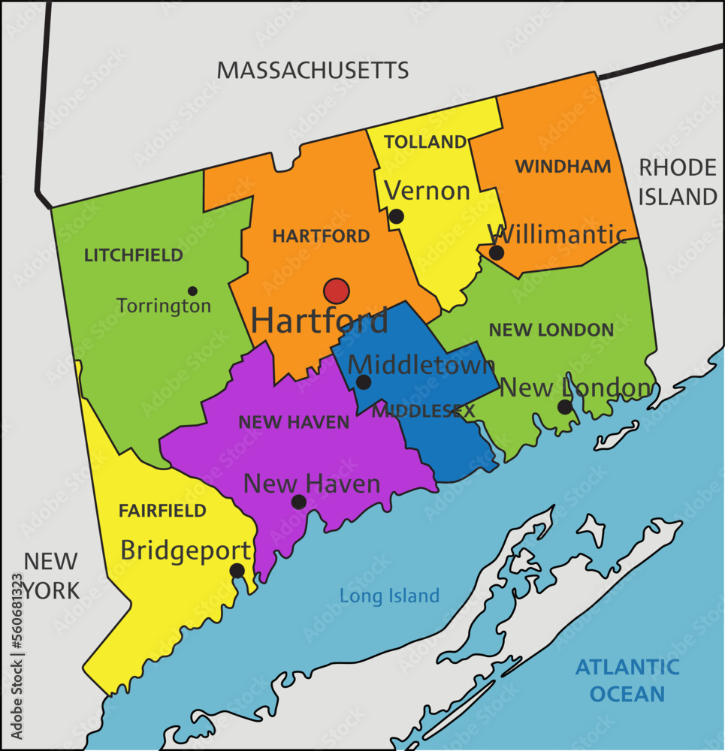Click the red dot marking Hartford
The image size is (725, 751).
click(x=337, y=291)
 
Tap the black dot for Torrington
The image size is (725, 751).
click(x=192, y=291)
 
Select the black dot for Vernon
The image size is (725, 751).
click(x=397, y=217)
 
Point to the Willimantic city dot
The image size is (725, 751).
click(x=497, y=252)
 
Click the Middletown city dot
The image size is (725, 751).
click(x=364, y=382)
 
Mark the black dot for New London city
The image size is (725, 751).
click(x=564, y=407)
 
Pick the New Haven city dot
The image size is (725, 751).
click(x=299, y=502)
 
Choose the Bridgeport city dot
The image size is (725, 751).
click(x=237, y=571)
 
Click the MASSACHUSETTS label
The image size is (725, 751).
click(x=313, y=71)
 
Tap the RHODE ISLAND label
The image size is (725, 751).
click(x=678, y=182)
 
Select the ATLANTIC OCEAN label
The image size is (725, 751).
click(x=627, y=680)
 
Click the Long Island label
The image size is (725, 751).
click(x=389, y=596)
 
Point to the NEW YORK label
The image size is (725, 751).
click(x=50, y=575)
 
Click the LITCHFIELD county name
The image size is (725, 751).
click(x=134, y=255)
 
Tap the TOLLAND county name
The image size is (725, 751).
click(x=425, y=142)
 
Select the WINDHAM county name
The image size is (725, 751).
click(x=563, y=167)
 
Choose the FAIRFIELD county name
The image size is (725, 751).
click(x=162, y=511)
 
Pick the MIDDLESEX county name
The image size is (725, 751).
click(x=424, y=411)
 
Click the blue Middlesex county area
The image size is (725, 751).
click(x=447, y=451)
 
